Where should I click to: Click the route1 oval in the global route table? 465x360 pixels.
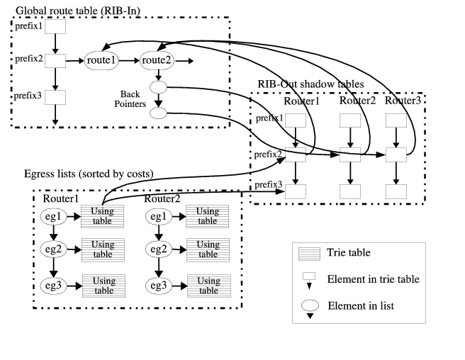(x=101, y=61)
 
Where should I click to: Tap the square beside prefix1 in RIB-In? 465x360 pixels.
(x=55, y=27)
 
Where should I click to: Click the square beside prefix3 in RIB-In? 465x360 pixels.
(x=55, y=96)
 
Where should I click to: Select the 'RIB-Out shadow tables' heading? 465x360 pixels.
(x=310, y=84)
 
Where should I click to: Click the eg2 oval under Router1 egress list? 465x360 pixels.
(x=54, y=249)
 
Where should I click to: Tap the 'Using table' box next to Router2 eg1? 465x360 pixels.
(x=207, y=215)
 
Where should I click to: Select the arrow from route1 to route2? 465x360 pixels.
(x=129, y=61)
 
